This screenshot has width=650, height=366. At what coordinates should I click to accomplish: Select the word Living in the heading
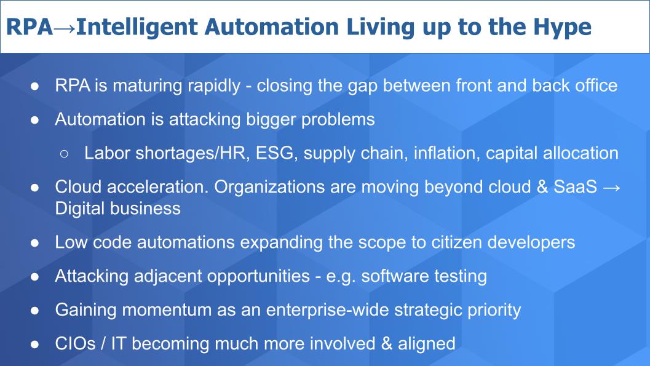pyautogui.click(x=380, y=28)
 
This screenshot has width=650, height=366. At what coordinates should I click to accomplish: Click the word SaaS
pyautogui.click(x=576, y=187)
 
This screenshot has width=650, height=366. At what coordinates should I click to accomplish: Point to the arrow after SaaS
pyautogui.click(x=612, y=188)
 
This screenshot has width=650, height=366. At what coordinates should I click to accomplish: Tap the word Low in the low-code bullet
pyautogui.click(x=71, y=242)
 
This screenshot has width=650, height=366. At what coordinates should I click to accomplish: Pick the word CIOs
pyautogui.click(x=76, y=344)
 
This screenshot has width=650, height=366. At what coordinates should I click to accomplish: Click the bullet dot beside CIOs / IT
pyautogui.click(x=35, y=344)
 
